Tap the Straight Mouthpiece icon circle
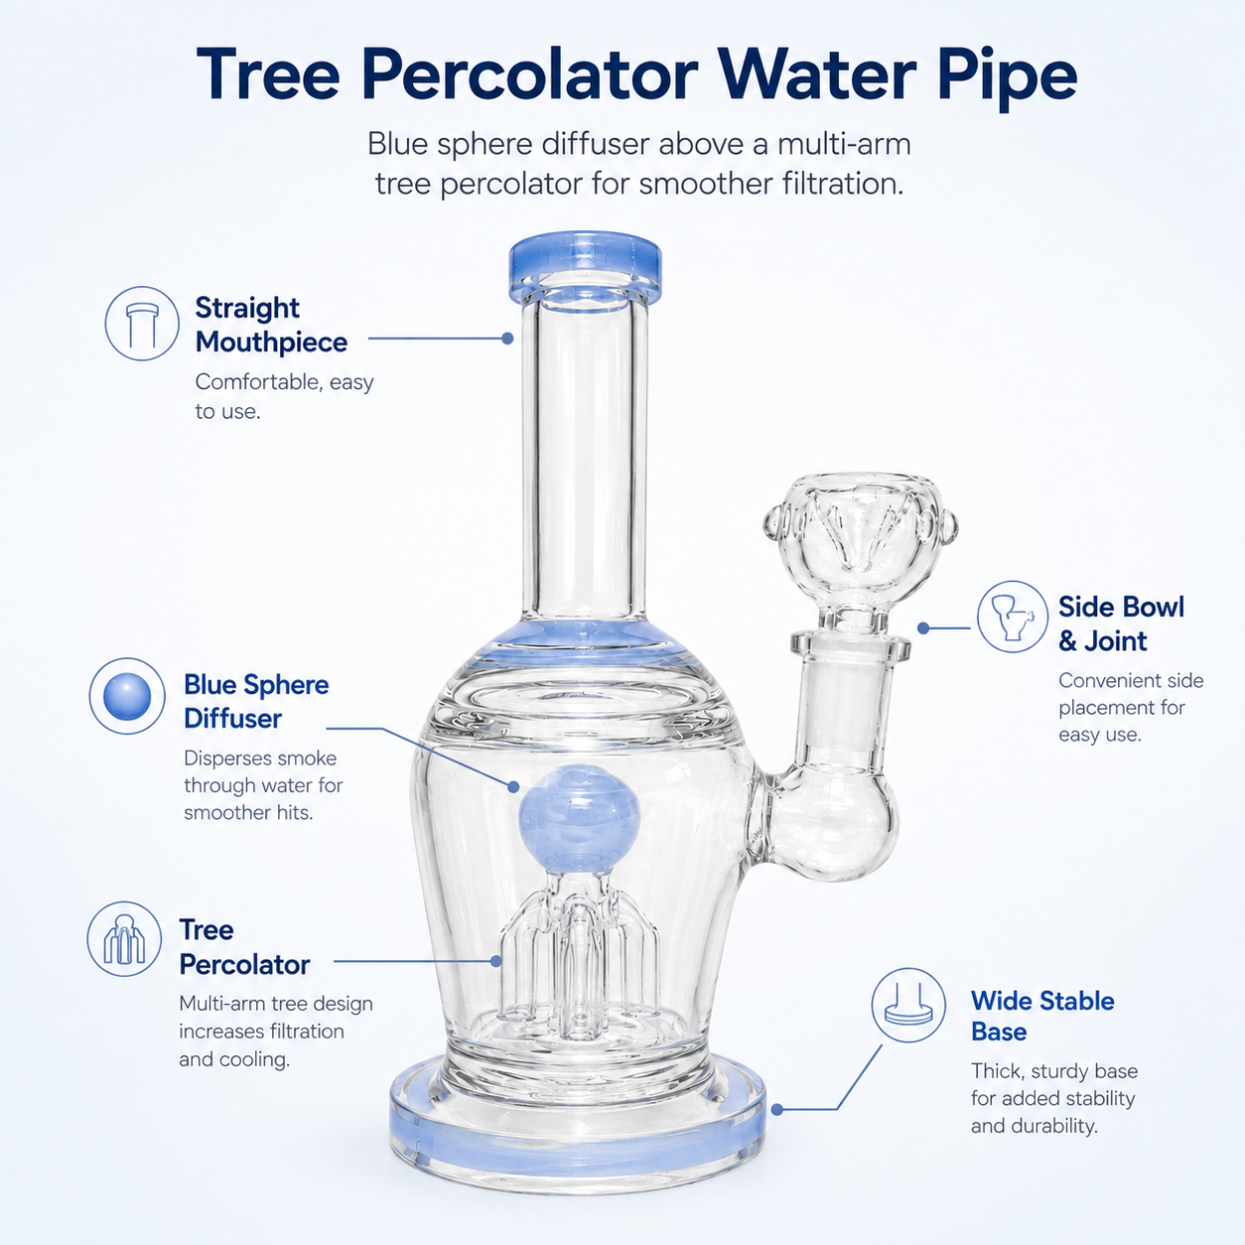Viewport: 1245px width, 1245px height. pos(142,323)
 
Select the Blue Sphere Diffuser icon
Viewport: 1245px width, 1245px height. pos(127,696)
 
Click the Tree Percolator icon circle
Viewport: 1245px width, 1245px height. pos(124,939)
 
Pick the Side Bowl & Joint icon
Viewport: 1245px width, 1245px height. pos(1013,617)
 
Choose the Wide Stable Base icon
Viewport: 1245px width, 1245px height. pos(908,1005)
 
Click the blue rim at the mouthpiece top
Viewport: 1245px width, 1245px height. pos(586,265)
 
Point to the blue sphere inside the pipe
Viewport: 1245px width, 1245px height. pos(580,815)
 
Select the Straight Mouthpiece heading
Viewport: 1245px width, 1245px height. pos(271,325)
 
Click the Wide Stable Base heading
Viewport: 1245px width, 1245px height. pos(1042,1016)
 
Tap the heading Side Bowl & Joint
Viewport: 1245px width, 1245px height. pos(1121,624)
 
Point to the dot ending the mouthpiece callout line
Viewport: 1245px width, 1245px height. pos(507,338)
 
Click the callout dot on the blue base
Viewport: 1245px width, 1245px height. pos(777,1109)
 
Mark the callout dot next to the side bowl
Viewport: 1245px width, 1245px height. pos(923,627)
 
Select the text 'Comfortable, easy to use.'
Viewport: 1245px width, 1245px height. pos(284,396)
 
